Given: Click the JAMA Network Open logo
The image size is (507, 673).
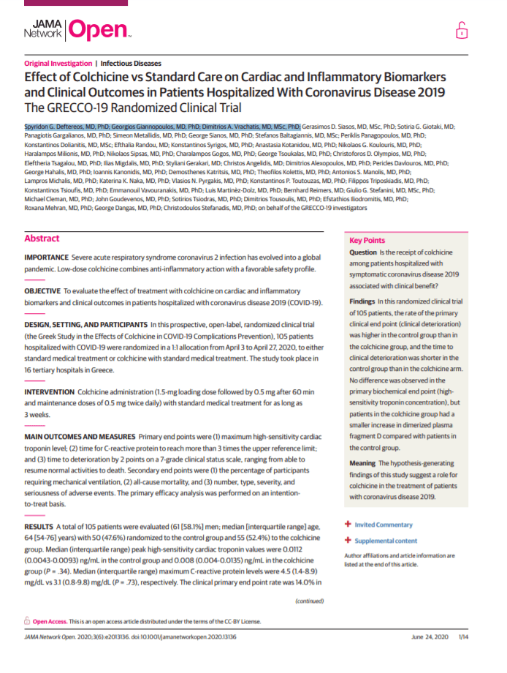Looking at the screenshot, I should point(77,29).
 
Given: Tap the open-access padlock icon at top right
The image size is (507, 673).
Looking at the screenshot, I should point(461,30).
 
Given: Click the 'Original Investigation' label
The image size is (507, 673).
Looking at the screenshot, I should point(58,64).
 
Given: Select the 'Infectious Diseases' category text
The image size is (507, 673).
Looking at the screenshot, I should point(131,64).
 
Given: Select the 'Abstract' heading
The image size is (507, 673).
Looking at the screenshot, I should point(42,238).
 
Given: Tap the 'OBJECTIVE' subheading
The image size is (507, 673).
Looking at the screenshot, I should point(42,290).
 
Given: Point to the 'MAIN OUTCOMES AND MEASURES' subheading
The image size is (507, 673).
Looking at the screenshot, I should point(80,435).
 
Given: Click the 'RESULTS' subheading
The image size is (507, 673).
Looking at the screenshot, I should point(38,526).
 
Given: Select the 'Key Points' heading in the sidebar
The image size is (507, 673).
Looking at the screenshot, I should point(366,240).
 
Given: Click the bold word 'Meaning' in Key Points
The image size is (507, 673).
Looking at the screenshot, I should point(363,463).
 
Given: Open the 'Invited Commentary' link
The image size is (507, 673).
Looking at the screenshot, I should point(384,525).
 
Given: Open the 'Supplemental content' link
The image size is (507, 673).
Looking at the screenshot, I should point(386,541).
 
